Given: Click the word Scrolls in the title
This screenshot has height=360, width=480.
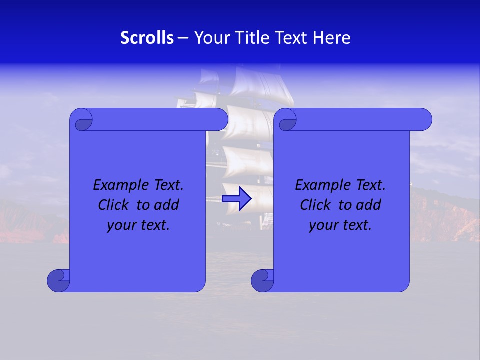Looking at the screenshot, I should pyautogui.click(x=147, y=38).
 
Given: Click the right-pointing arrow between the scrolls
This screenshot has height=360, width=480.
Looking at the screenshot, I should pyautogui.click(x=236, y=198).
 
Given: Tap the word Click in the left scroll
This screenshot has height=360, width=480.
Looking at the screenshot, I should pyautogui.click(x=113, y=205).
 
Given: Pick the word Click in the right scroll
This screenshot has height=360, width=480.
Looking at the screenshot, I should pyautogui.click(x=315, y=205).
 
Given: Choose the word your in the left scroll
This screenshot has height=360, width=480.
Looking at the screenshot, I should pyautogui.click(x=120, y=226).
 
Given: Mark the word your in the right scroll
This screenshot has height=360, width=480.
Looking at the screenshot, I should pyautogui.click(x=322, y=226).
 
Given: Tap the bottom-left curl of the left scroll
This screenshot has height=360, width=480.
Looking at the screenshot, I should pyautogui.click(x=58, y=280).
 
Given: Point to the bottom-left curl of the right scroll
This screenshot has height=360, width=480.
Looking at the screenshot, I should pyautogui.click(x=262, y=280).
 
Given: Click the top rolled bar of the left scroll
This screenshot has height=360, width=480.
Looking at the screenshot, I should pyautogui.click(x=160, y=119).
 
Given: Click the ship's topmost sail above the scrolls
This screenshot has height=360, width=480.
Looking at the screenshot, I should pyautogui.click(x=262, y=80).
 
